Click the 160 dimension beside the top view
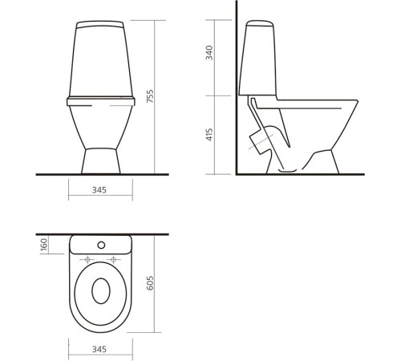pos(44,244)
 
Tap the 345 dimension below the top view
pos(101,351)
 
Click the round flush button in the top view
pos(101,244)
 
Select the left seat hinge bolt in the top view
pos(87,258)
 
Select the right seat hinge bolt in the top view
pos(115,258)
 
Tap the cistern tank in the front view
pos(101,56)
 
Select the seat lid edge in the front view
pos(101,102)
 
